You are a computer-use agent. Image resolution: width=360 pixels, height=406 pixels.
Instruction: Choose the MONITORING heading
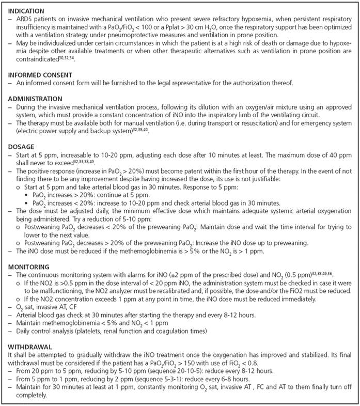pyautogui.click(x=27, y=267)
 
